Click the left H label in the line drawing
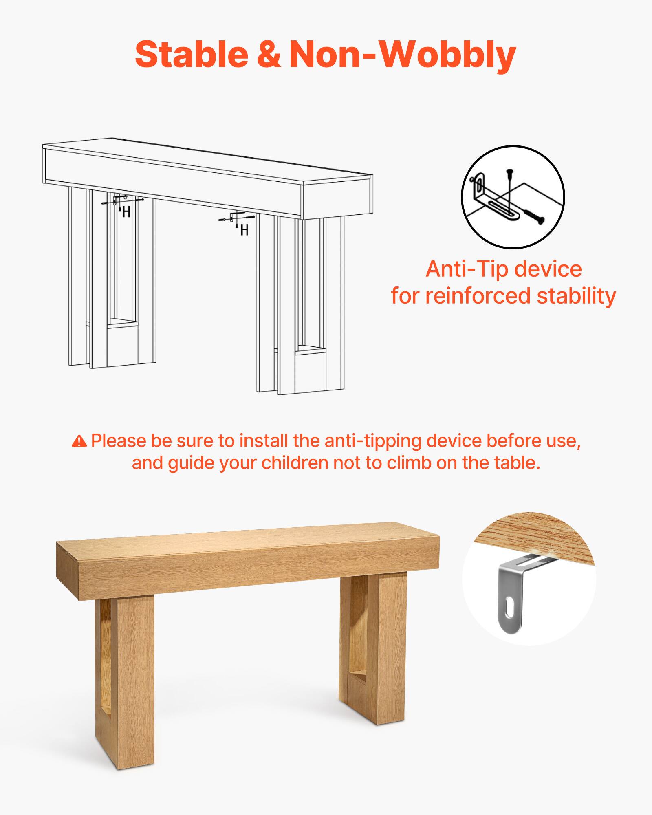pyautogui.click(x=126, y=212)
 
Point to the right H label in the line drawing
pyautogui.click(x=244, y=231)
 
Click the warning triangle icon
pyautogui.click(x=79, y=441)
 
